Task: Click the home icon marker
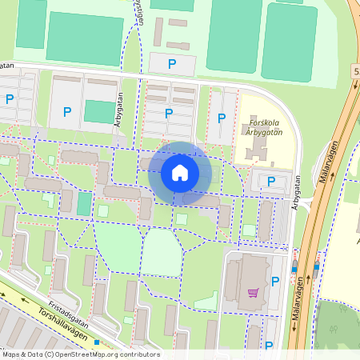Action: [x=180, y=172]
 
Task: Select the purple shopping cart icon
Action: [x=254, y=293]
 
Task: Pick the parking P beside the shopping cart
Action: [x=275, y=281]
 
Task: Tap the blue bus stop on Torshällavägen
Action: [x=97, y=342]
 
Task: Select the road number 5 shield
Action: [x=356, y=72]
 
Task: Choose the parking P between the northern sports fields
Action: [x=171, y=63]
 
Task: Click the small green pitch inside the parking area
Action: [x=99, y=111]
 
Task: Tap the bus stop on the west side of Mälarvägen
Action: [x=295, y=269]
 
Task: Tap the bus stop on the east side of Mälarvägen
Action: [x=317, y=266]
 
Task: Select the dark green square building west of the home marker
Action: [x=83, y=204]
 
